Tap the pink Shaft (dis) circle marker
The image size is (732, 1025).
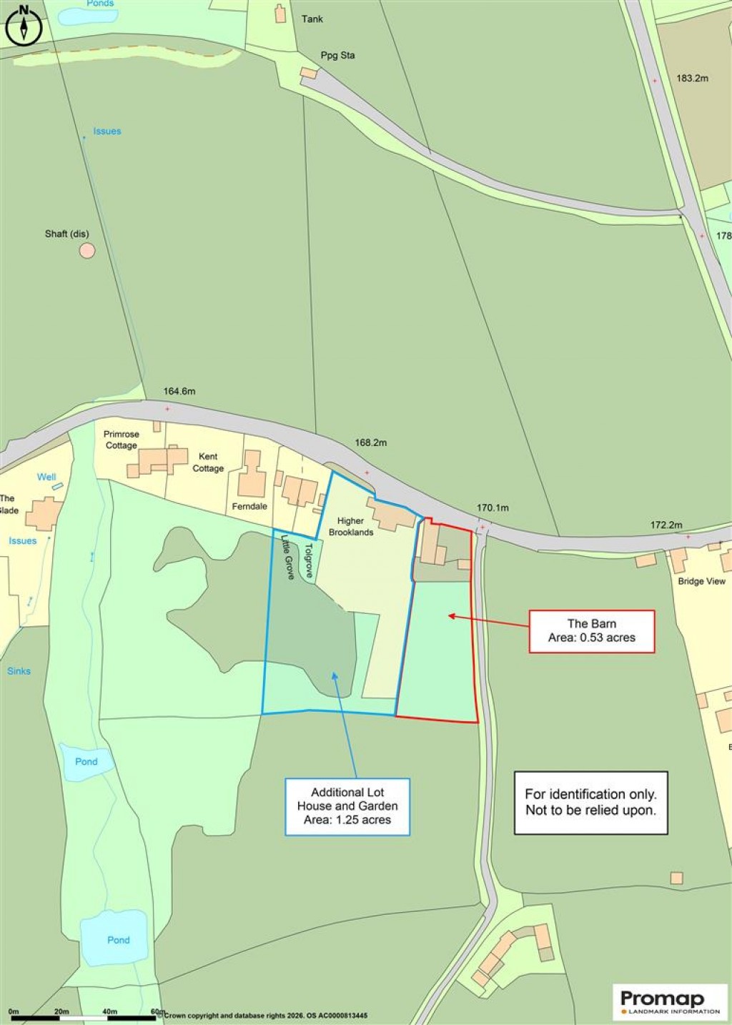tap(86, 250)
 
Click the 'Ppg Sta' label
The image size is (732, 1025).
tap(337, 55)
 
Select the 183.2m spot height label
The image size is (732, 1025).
tap(692, 78)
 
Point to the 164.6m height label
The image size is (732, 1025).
tap(179, 391)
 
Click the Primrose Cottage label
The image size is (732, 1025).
tap(121, 440)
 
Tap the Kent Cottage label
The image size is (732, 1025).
tap(208, 462)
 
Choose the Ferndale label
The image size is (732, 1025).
tap(249, 506)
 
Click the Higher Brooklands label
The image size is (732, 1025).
tap(350, 526)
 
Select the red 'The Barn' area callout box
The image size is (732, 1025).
tap(591, 631)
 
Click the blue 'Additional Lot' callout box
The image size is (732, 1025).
tap(347, 806)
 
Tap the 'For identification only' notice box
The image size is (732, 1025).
tap(590, 802)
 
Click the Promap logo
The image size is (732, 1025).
tap(670, 1001)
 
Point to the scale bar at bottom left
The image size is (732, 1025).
tap(82, 1016)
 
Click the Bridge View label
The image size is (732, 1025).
tap(701, 581)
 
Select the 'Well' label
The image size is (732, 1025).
tap(46, 477)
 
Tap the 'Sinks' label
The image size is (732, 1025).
tap(19, 670)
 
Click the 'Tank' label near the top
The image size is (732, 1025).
tap(312, 19)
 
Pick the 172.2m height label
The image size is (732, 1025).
tap(666, 525)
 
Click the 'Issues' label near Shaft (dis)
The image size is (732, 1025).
tap(107, 131)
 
